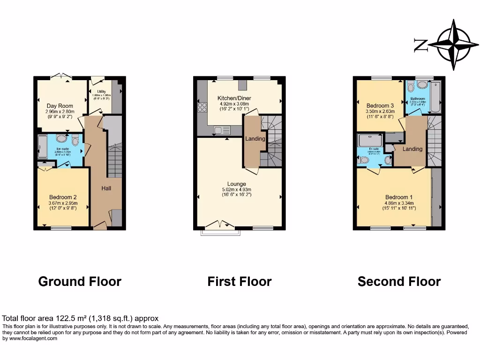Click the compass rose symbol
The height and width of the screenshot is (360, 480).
[453, 45]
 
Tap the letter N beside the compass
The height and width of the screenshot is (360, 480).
[420, 45]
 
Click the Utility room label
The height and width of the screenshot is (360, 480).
[102, 92]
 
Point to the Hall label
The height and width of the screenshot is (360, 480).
[106, 188]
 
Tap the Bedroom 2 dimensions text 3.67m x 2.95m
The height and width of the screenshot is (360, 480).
[62, 202]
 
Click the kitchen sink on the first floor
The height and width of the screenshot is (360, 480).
[221, 130]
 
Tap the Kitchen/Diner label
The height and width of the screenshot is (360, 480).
[232, 98]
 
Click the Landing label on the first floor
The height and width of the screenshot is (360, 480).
[255, 139]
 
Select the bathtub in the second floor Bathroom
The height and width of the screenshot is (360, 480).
[435, 97]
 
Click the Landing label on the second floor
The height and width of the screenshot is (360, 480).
[412, 149]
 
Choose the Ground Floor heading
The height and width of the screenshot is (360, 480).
[80, 281]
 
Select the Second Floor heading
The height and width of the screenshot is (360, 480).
[399, 281]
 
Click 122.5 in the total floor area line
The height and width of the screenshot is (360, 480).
[51, 318]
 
